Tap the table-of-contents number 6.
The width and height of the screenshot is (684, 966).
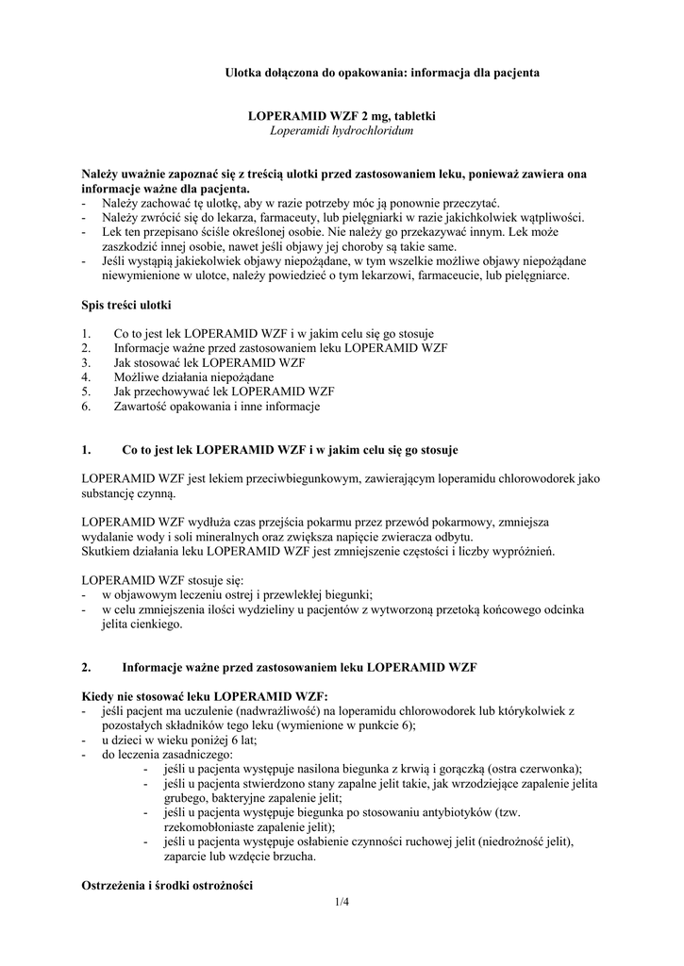(x=86, y=408)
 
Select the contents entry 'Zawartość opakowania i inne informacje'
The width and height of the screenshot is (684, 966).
(x=217, y=408)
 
